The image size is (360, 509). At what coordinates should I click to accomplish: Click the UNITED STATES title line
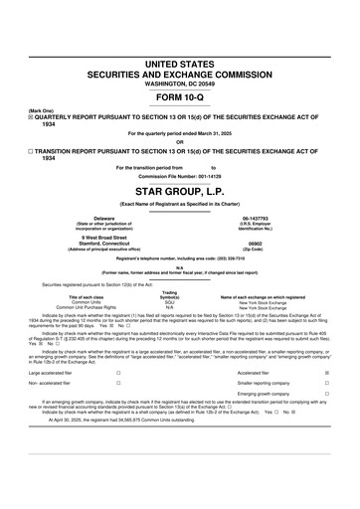(180, 64)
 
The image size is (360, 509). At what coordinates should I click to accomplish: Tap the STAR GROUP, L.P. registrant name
(180, 187)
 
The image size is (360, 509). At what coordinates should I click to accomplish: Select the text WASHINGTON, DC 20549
(180, 85)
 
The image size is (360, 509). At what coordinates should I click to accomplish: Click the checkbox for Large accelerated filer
(118, 373)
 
